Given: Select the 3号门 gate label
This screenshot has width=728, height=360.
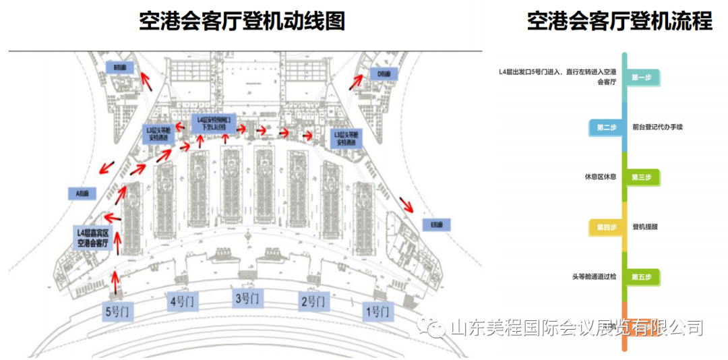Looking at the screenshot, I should pyautogui.click(x=247, y=297).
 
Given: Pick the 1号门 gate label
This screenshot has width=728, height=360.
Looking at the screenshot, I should pyautogui.click(x=377, y=311).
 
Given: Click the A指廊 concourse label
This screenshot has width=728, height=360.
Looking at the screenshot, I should pyautogui.click(x=84, y=193).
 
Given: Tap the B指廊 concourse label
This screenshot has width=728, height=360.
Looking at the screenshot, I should pyautogui.click(x=121, y=67).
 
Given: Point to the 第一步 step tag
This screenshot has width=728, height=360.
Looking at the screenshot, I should pyautogui.click(x=642, y=78).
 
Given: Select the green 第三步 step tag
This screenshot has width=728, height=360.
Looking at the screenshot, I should pyautogui.click(x=642, y=177).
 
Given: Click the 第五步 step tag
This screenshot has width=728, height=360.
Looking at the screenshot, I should pyautogui.click(x=642, y=276).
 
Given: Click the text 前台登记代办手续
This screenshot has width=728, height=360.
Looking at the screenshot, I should pyautogui.click(x=658, y=127).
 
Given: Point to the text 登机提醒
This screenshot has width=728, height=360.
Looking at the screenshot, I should pyautogui.click(x=645, y=227).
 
